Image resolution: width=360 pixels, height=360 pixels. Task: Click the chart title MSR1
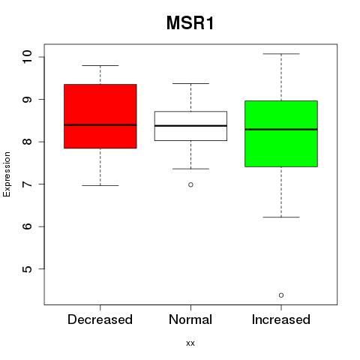coord(190,23)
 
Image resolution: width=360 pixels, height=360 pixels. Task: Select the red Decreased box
coord(100,116)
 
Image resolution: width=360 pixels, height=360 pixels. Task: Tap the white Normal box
coord(190,126)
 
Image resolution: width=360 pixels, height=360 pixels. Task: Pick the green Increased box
coord(281,133)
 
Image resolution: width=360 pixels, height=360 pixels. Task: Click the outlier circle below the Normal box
coord(190,184)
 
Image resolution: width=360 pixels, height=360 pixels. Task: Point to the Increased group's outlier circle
coord(281,295)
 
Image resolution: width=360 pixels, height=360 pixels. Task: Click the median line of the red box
coord(100,125)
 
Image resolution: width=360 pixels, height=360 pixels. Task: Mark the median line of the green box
coord(281,129)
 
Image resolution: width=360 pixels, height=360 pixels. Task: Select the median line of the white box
coord(190,126)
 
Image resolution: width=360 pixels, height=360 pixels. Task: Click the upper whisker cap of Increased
coord(281,54)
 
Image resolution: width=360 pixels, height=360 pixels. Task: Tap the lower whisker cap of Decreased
coord(100,185)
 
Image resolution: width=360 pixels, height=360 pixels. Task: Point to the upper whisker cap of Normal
coord(190,83)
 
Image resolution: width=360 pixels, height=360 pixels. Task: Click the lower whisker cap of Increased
coord(281,217)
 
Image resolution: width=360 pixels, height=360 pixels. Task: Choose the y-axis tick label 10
coord(27,57)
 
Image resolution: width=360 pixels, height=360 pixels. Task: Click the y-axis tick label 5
coord(27,269)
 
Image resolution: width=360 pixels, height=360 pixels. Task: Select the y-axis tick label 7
coord(27,184)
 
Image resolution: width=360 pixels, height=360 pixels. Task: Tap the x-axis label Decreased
coord(100,319)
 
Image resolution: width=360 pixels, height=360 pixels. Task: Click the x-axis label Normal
coord(190,319)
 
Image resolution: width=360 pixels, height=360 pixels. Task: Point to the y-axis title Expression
coord(7,174)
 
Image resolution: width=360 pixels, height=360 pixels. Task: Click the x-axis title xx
coord(190,343)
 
